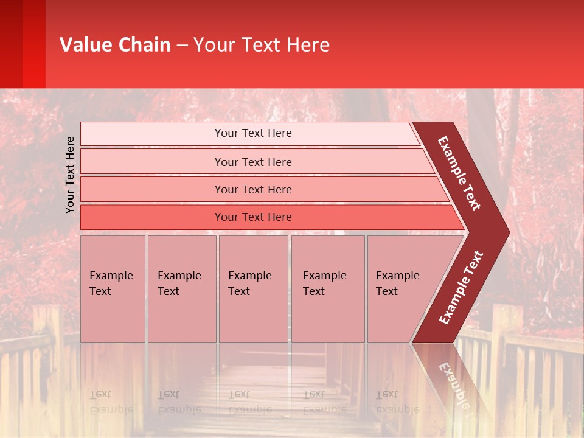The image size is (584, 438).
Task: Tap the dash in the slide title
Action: pyautogui.click(x=182, y=46)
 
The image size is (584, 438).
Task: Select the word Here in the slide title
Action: pyautogui.click(x=308, y=45)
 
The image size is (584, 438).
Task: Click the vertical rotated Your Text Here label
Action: pyautogui.click(x=70, y=175)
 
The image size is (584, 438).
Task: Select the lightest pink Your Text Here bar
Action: pyautogui.click(x=252, y=133)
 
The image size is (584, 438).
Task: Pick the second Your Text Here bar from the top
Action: pyautogui.click(x=252, y=162)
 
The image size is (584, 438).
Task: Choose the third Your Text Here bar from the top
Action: pyautogui.click(x=252, y=189)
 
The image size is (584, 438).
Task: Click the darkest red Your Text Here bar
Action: pyautogui.click(x=252, y=217)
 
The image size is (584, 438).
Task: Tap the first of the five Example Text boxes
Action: pyautogui.click(x=113, y=288)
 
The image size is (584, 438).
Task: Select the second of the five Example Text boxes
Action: pyautogui.click(x=181, y=288)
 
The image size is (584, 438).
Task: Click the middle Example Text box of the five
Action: pyautogui.click(x=252, y=288)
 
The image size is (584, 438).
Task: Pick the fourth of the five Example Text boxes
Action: pyautogui.click(x=327, y=288)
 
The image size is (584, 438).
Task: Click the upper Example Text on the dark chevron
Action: pyautogui.click(x=459, y=173)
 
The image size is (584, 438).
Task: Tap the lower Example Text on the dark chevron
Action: pyautogui.click(x=461, y=288)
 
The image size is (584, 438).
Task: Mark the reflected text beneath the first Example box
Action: pyautogui.click(x=111, y=401)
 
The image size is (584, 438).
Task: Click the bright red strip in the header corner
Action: pyautogui.click(x=33, y=44)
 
